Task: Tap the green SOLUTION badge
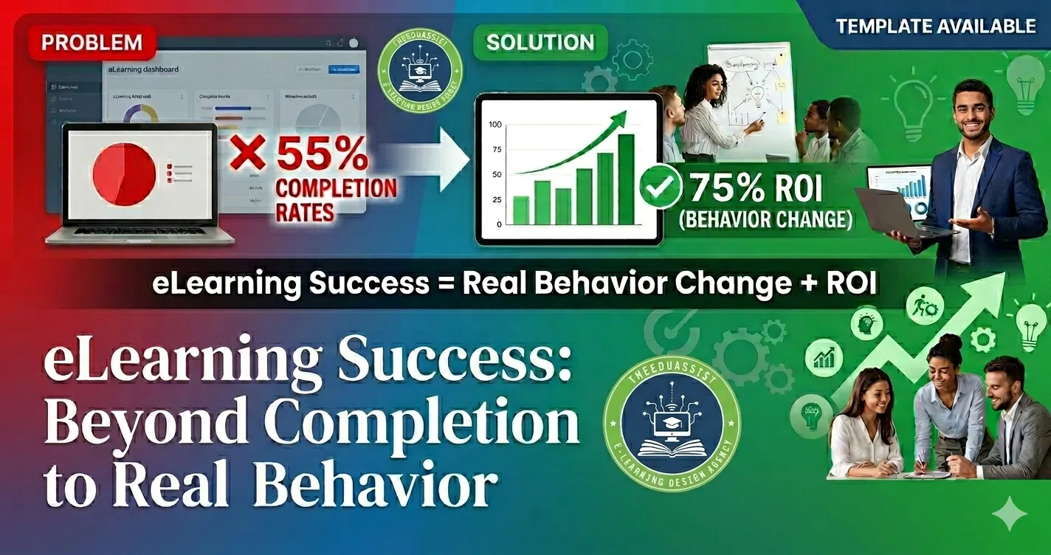[x=540, y=43]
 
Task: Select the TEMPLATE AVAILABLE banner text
[x=935, y=27]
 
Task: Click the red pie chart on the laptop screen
[x=123, y=174]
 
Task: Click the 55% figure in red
[x=322, y=156]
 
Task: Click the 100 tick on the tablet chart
[x=495, y=125]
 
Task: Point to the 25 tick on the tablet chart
[x=496, y=199]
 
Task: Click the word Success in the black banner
[x=370, y=284]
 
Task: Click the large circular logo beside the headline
[x=671, y=425]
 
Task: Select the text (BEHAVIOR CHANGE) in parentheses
[x=771, y=220]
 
